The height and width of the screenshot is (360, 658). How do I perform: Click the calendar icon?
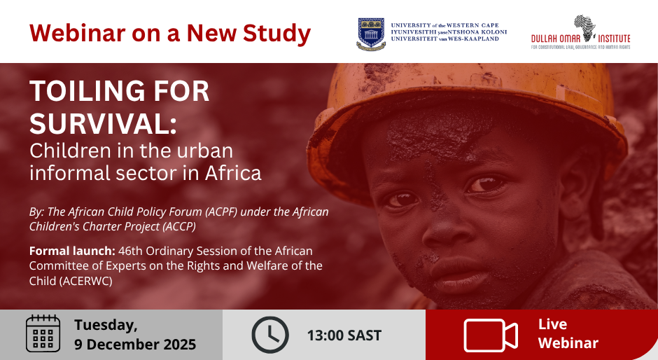pyautogui.click(x=43, y=333)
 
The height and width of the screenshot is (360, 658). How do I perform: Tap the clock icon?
pyautogui.click(x=269, y=335)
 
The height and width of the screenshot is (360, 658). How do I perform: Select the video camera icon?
pyautogui.click(x=490, y=335)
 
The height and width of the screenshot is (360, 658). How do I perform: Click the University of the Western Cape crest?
pyautogui.click(x=371, y=34)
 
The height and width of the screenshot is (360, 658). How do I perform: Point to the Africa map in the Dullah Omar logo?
pyautogui.click(x=585, y=28)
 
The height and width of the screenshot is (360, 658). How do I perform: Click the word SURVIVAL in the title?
pyautogui.click(x=103, y=124)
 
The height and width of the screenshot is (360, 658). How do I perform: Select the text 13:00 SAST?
pyautogui.click(x=344, y=335)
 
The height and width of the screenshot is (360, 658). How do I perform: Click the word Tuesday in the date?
pyautogui.click(x=106, y=325)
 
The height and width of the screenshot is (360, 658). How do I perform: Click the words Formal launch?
pyautogui.click(x=72, y=251)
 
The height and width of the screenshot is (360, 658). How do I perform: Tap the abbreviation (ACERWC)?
pyautogui.click(x=85, y=281)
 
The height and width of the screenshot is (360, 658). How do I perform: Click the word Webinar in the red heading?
pyautogui.click(x=78, y=33)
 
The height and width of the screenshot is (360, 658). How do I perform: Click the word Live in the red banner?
pyautogui.click(x=553, y=324)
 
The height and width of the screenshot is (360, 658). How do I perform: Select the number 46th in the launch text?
pyautogui.click(x=130, y=251)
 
